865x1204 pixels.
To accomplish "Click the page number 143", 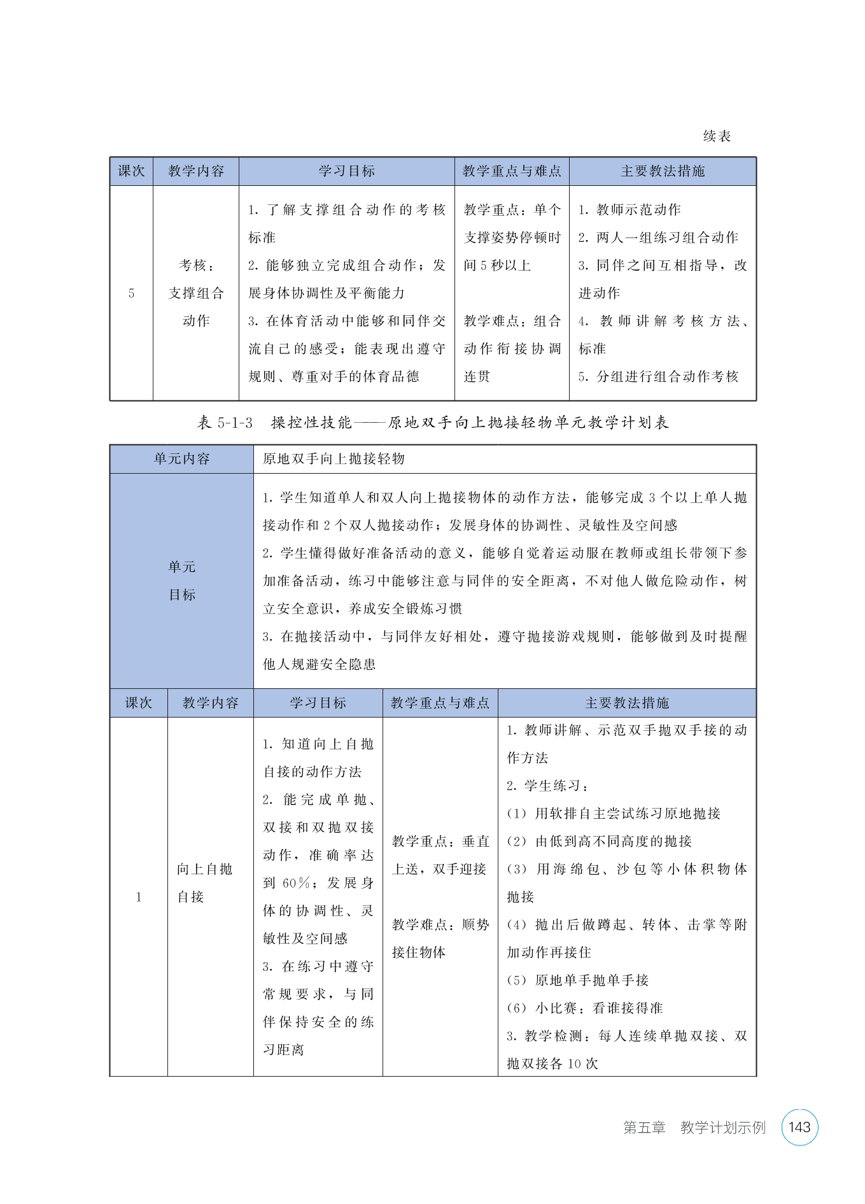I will click(799, 1128).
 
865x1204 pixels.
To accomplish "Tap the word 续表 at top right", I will click(717, 136).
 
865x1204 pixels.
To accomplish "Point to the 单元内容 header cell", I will click(181, 459).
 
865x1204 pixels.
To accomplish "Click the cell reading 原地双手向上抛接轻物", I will click(334, 459).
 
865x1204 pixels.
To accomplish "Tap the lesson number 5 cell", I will click(131, 294).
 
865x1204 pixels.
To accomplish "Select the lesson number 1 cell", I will click(138, 898).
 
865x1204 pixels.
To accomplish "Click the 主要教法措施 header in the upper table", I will click(663, 171).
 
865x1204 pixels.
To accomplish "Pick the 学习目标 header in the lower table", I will click(318, 703).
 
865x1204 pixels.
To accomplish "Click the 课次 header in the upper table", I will click(131, 171).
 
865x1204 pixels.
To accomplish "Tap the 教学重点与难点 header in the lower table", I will click(440, 703).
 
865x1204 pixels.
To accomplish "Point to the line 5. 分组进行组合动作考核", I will click(658, 376).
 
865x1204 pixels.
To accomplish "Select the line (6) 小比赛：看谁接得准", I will click(585, 1008).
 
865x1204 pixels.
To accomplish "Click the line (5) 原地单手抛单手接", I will click(577, 981).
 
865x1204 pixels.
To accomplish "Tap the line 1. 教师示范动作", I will click(629, 210).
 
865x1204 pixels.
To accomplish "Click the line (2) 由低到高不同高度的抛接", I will click(599, 842).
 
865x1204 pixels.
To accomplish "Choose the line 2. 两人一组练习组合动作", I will click(658, 237).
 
